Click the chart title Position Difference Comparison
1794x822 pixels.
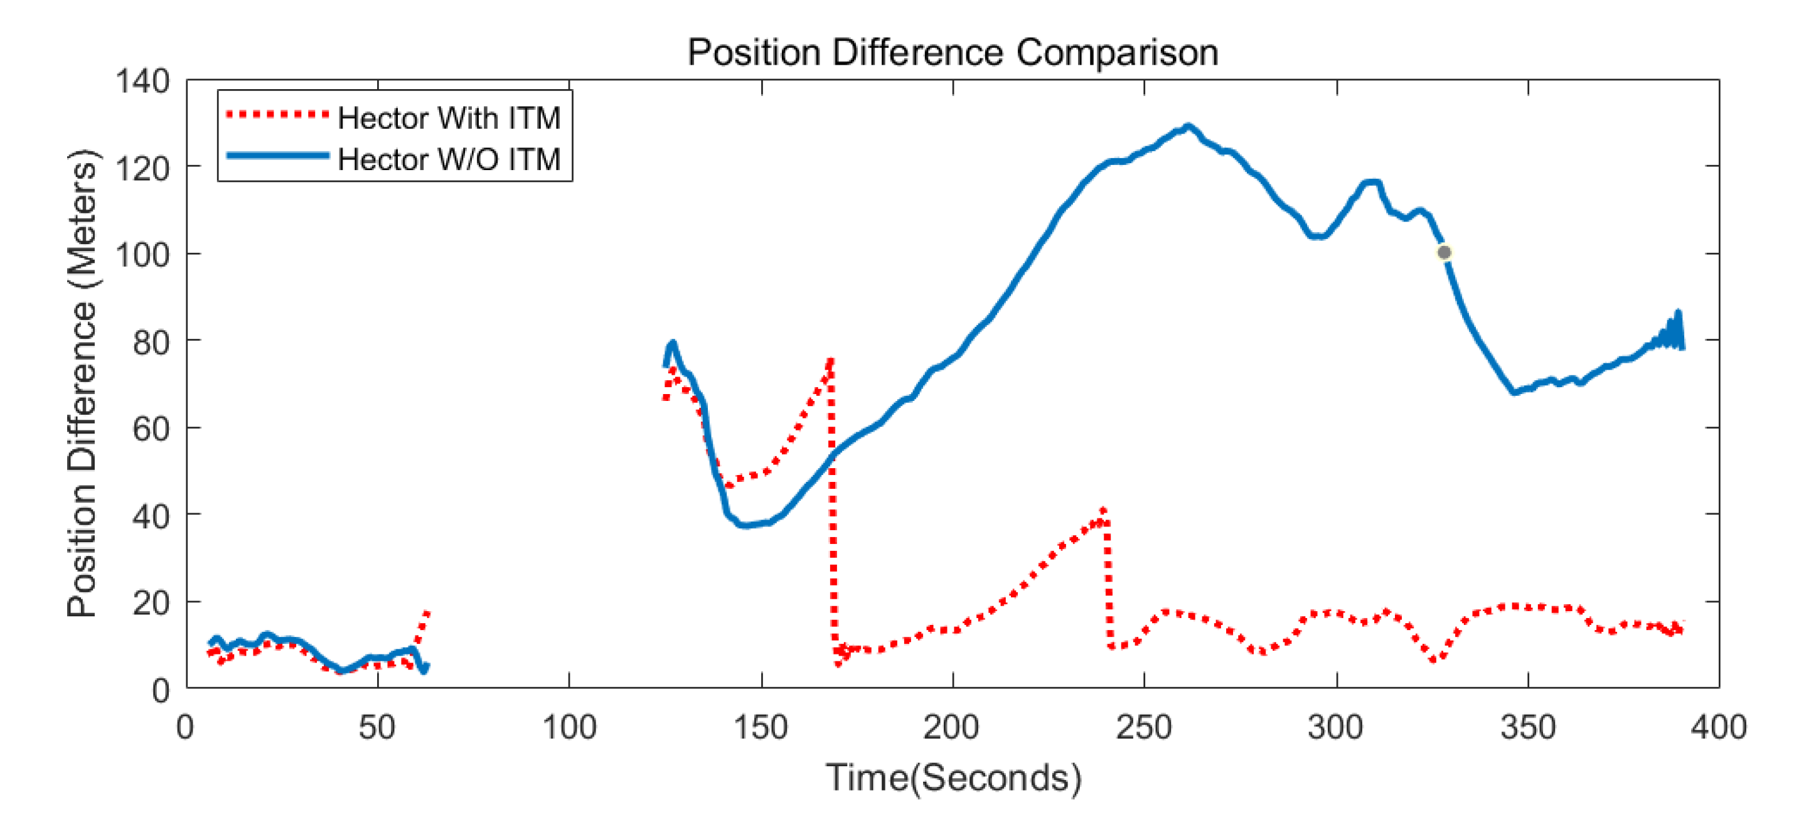(953, 52)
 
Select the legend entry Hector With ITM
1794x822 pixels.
(449, 118)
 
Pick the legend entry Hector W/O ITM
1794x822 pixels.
(449, 159)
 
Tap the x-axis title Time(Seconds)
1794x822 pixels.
(953, 777)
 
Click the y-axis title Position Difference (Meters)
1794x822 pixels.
(82, 383)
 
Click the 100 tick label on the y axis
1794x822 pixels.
(142, 254)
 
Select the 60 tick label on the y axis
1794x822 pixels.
(151, 429)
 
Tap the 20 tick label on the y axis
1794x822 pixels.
(151, 602)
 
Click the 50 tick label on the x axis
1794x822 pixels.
(376, 728)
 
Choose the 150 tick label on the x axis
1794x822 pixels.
(761, 728)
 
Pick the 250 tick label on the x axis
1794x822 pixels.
(1143, 728)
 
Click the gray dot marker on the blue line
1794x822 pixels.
(1444, 252)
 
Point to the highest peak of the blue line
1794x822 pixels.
(1188, 127)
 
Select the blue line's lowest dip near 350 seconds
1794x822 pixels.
(1515, 392)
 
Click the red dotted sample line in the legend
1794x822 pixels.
(277, 114)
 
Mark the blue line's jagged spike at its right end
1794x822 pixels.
(1678, 315)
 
